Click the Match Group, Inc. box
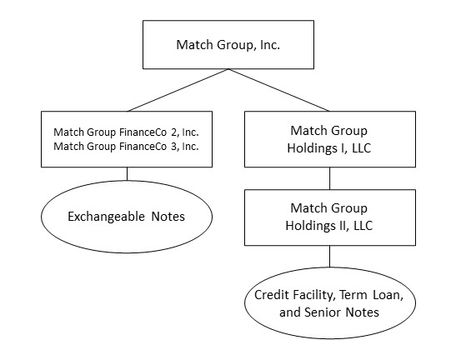227,44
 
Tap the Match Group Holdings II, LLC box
329,216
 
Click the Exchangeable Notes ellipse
127,217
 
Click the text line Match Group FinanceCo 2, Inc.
127,132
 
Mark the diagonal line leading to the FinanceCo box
175,90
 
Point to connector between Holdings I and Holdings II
329,177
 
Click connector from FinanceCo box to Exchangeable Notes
127,173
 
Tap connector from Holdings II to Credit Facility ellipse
329,256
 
